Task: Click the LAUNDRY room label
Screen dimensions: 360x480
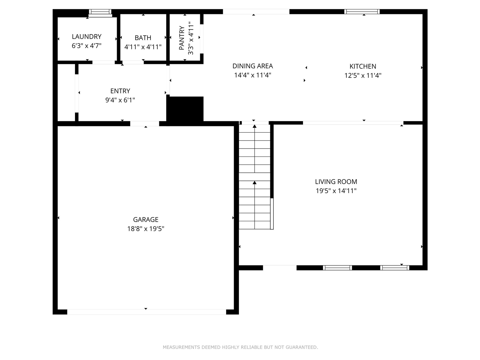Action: point(87,36)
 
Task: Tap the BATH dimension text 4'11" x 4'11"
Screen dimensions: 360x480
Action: point(143,47)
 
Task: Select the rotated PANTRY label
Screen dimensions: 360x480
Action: point(182,38)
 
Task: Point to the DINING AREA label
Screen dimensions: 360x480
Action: point(252,66)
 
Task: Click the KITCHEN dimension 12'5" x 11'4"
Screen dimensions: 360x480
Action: point(363,75)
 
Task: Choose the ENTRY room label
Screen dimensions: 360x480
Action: point(120,91)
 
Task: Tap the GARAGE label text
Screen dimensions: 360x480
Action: point(145,219)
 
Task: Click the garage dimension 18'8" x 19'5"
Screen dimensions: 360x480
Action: point(145,229)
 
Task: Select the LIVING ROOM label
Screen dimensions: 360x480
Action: point(336,181)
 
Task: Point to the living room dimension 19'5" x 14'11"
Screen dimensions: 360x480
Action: point(336,191)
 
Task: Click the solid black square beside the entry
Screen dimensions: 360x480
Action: point(185,109)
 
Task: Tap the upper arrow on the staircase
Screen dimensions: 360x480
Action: point(255,126)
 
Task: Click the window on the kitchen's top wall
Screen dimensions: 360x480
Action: point(362,12)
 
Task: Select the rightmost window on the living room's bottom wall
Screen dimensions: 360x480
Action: point(394,268)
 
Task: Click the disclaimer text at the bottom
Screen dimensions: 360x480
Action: point(240,347)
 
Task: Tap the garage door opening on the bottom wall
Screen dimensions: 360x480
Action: point(146,312)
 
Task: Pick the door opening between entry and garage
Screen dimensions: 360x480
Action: point(145,124)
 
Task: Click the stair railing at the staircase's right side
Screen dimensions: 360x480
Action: point(272,213)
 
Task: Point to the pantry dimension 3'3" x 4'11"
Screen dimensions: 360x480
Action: point(191,38)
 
